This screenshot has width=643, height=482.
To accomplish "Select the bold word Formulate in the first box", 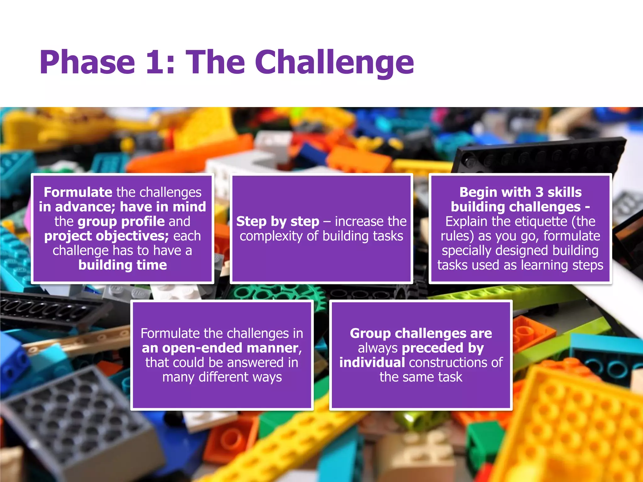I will pyautogui.click(x=78, y=192).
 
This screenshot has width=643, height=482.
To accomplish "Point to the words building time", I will pyautogui.click(x=122, y=265).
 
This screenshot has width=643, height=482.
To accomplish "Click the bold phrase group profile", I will pyautogui.click(x=121, y=222).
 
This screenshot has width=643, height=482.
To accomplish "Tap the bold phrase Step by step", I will pyautogui.click(x=278, y=222).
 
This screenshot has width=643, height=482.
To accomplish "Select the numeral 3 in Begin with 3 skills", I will pyautogui.click(x=539, y=192).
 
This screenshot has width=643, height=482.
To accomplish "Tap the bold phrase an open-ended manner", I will pyautogui.click(x=220, y=348).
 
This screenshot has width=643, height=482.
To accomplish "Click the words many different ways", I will pyautogui.click(x=222, y=377).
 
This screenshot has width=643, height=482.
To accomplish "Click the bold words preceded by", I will pyautogui.click(x=443, y=348).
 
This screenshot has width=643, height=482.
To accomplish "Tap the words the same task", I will pyautogui.click(x=421, y=377).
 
